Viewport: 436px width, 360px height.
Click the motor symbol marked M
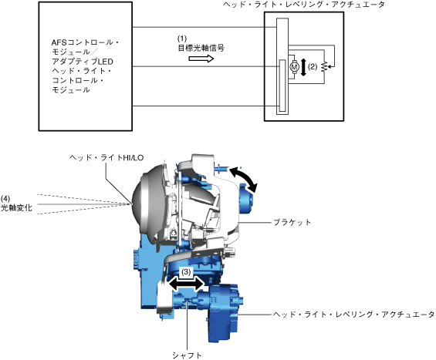tap(294, 66)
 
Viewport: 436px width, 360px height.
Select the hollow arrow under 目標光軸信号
tap(201, 59)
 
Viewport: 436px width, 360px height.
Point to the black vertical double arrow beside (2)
tap(303, 67)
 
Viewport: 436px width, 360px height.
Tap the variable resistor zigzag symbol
tap(323, 67)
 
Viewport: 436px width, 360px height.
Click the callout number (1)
tap(182, 39)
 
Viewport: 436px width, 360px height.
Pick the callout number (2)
tap(313, 66)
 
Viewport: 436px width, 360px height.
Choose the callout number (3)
tap(186, 271)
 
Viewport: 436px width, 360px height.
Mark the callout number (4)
tap(5, 199)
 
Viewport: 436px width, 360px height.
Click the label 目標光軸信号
tap(201, 48)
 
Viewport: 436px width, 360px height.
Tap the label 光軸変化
tap(16, 208)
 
